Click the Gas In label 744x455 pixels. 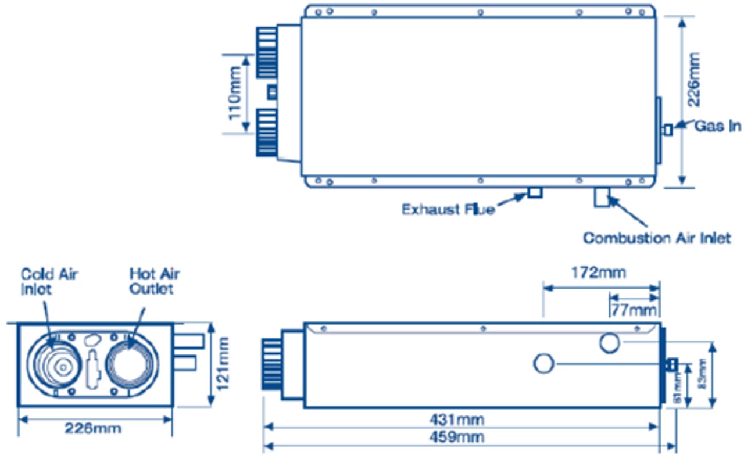tap(718, 126)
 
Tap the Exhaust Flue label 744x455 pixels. tap(448, 209)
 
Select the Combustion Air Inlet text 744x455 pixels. tap(657, 238)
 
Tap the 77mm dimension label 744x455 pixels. tap(634, 309)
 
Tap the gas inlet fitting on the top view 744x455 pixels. tap(668, 130)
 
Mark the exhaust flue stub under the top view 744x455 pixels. tap(535, 192)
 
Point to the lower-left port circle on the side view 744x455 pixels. tap(545, 364)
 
